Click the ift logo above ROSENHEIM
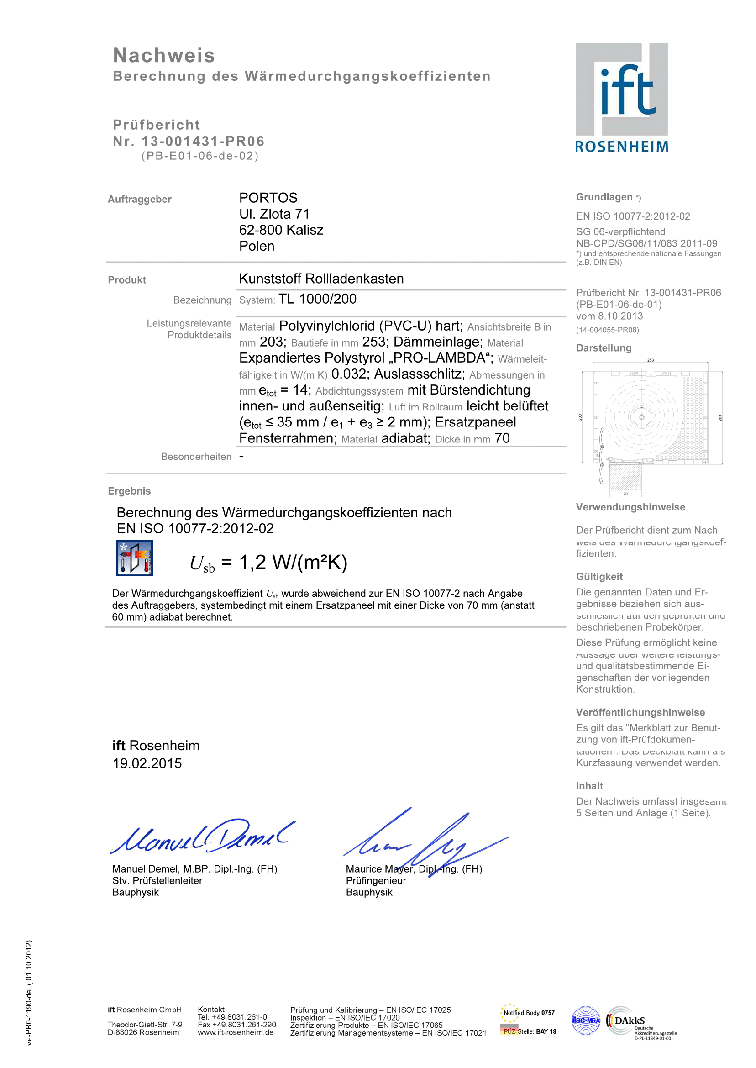621,89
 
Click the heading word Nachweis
164,55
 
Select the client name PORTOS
268,198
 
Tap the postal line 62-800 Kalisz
281,230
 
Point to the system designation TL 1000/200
317,299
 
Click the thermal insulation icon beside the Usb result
135,558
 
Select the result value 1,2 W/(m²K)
293,563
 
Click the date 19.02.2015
147,763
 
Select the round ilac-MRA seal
586,1021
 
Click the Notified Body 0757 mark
528,1013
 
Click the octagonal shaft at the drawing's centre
641,417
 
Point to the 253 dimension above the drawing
651,360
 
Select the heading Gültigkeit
599,576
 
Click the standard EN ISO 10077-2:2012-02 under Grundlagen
633,216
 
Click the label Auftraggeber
140,199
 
